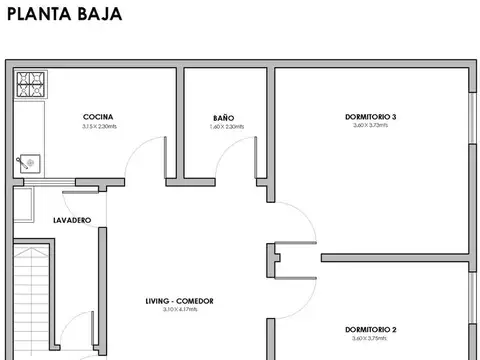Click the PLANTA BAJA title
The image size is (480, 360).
(x=64, y=15)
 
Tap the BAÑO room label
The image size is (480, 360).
(x=225, y=117)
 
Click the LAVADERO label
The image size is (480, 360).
(x=44, y=219)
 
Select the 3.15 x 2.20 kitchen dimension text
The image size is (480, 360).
(x=100, y=127)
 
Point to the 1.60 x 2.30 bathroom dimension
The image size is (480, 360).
(x=226, y=127)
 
